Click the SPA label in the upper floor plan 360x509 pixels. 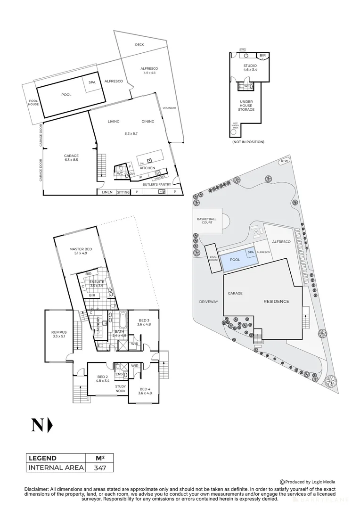coord(92,82)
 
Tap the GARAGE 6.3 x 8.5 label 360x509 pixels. coord(72,158)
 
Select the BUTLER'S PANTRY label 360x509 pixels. coord(157,184)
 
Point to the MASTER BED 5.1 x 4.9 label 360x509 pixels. coord(81,251)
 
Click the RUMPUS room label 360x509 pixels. coord(59,335)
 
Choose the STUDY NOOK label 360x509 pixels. coord(121,389)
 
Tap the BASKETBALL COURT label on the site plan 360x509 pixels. coord(206,221)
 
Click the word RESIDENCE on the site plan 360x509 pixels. coord(276,301)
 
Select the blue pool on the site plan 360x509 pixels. coord(235,260)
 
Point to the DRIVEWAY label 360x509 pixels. coord(208,302)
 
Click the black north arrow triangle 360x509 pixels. coord(50,425)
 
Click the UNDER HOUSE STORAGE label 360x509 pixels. coord(246,106)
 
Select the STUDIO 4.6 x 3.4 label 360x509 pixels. coord(250,67)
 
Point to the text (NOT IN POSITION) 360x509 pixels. coord(248,142)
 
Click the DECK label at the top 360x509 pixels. coord(139,45)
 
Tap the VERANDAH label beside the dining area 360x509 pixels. coord(169,108)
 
